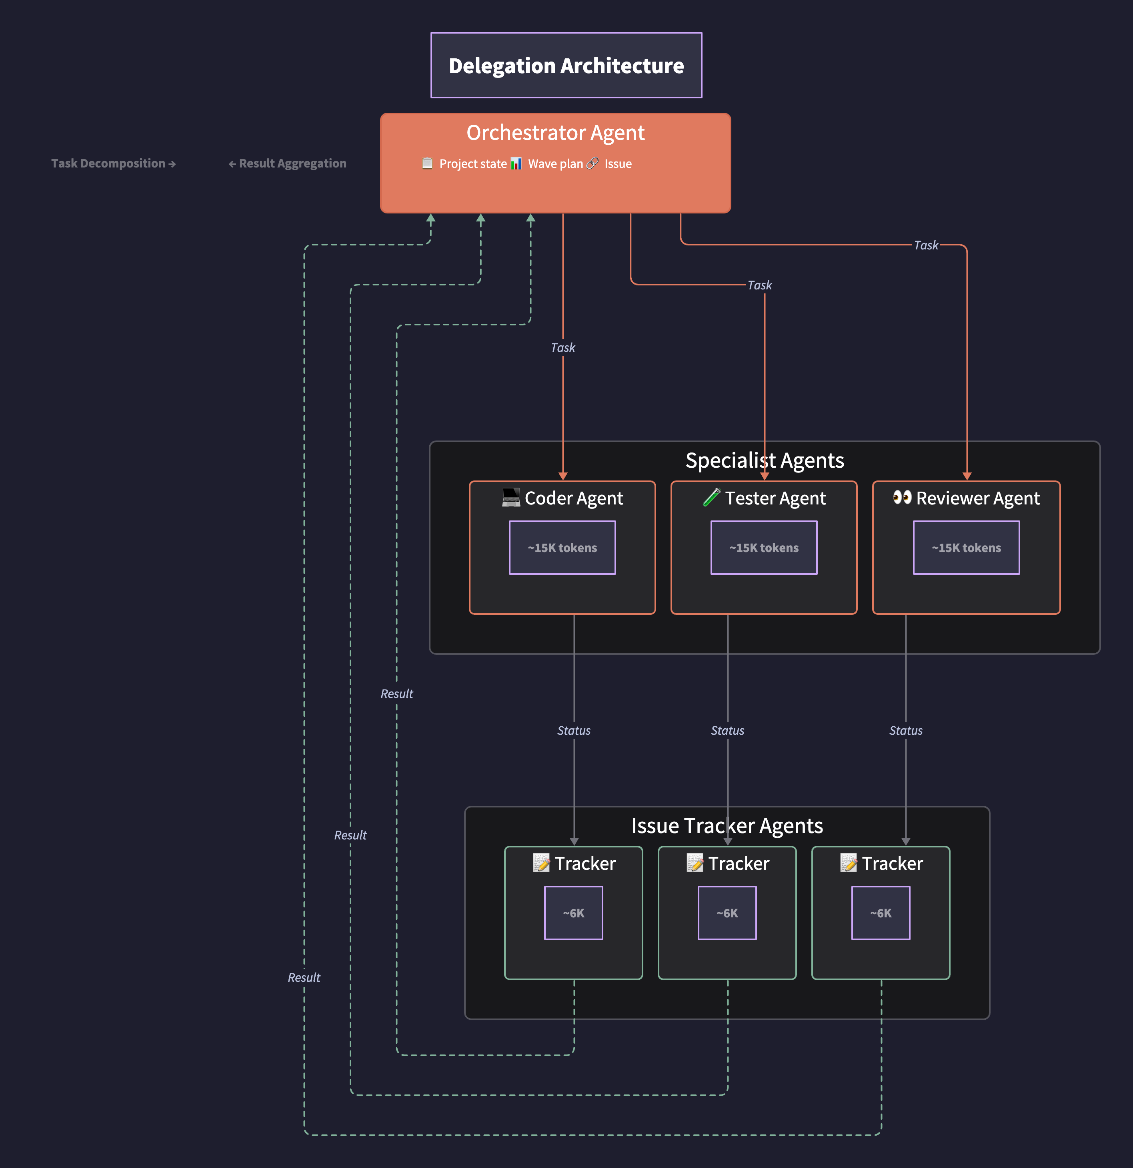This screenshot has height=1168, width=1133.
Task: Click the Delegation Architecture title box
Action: [566, 65]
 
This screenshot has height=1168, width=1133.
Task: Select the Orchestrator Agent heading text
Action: [555, 132]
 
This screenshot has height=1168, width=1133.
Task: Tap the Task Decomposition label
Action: [113, 163]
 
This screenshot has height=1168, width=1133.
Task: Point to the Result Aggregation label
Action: [287, 163]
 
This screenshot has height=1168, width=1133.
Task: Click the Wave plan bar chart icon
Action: [516, 163]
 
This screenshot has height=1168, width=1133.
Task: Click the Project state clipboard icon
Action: [427, 163]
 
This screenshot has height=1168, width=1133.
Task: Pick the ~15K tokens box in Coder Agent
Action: [562, 548]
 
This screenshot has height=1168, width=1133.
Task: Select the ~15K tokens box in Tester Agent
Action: [763, 548]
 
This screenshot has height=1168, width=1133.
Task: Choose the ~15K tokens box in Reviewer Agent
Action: [966, 548]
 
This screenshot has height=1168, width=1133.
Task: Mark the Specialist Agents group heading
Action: [765, 460]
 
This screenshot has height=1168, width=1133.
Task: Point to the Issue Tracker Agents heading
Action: [727, 825]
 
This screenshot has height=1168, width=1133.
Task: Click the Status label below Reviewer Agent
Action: [905, 731]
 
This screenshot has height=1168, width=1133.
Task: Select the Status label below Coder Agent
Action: [574, 731]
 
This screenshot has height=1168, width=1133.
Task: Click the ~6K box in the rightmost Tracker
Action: [880, 913]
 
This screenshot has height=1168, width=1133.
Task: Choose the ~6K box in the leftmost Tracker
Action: [573, 913]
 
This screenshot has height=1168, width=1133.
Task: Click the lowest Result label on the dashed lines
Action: [304, 977]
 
